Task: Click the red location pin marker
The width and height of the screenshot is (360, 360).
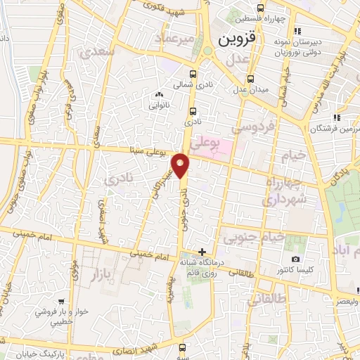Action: [x=181, y=165]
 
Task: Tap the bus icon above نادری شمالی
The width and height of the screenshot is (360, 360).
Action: [x=193, y=73]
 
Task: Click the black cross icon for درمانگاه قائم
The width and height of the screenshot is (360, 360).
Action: [x=202, y=252]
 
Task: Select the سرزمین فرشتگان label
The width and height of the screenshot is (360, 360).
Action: [x=329, y=129]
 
